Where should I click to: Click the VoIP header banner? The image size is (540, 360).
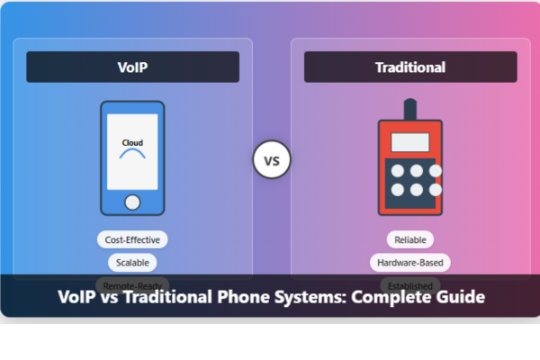132,67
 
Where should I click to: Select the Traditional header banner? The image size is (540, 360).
409,67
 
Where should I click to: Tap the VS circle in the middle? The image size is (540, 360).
271,162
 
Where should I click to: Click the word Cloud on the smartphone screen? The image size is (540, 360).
132,142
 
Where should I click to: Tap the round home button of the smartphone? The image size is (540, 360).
132,202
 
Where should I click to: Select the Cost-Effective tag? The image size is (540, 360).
132,239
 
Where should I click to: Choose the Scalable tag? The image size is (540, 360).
132,263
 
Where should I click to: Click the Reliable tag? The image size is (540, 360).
409,239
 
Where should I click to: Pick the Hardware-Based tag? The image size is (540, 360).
409,263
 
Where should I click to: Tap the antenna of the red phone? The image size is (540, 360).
409,109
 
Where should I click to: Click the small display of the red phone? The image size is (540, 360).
409,141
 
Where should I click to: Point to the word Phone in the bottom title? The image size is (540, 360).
237,296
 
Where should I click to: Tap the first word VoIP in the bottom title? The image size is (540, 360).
77,296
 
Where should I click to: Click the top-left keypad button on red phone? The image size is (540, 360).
395,170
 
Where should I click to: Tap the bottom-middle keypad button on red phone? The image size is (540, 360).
416,189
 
